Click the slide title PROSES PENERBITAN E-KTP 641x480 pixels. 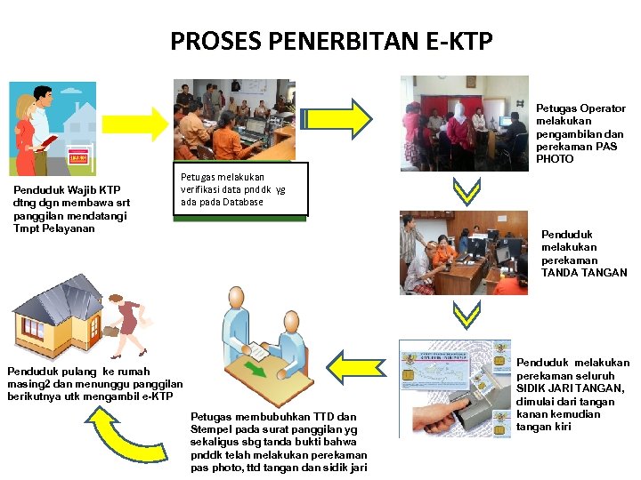[330, 41]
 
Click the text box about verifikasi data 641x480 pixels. [239, 189]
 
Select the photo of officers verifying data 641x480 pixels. [234, 119]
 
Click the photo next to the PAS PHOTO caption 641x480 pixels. [464, 123]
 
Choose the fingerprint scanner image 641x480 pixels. [455, 388]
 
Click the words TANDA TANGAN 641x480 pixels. [584, 273]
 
